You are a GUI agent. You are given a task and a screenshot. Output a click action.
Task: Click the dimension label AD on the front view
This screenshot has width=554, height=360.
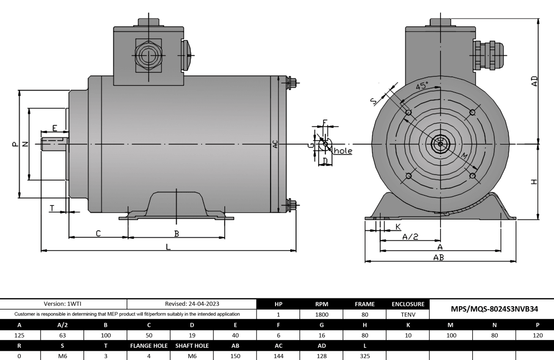click(x=535, y=81)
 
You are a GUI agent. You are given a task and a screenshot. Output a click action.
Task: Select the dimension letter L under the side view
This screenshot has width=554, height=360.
click(x=168, y=247)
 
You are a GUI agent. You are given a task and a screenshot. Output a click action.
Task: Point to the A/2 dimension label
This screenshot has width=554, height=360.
click(x=410, y=237)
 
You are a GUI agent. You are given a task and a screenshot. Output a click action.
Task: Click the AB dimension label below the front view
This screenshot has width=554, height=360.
click(x=439, y=257)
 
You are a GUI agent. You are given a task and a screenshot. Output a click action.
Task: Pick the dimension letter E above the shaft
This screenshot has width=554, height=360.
click(x=55, y=129)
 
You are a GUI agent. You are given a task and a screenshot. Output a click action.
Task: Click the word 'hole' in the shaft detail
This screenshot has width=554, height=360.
click(x=343, y=151)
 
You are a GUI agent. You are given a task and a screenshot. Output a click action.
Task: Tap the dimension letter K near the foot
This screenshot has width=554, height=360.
click(x=397, y=226)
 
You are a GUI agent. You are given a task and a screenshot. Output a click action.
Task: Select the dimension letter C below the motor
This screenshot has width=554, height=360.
click(x=98, y=233)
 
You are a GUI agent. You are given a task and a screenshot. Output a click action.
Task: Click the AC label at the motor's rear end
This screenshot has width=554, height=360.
click(x=275, y=144)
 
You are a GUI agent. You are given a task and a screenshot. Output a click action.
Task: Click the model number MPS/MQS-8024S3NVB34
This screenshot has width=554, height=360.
click(x=491, y=309)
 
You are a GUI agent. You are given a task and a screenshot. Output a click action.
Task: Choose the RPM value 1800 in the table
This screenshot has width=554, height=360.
click(x=322, y=314)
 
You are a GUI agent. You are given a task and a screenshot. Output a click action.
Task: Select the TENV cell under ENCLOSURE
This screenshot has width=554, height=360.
click(x=408, y=314)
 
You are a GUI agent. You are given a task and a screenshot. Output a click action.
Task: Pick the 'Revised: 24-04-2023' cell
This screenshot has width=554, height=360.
click(x=192, y=304)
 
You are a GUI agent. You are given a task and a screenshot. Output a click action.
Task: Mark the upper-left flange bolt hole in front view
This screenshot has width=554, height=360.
click(x=409, y=112)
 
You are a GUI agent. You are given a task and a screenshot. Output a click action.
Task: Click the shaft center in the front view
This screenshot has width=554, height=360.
click(x=440, y=144)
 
